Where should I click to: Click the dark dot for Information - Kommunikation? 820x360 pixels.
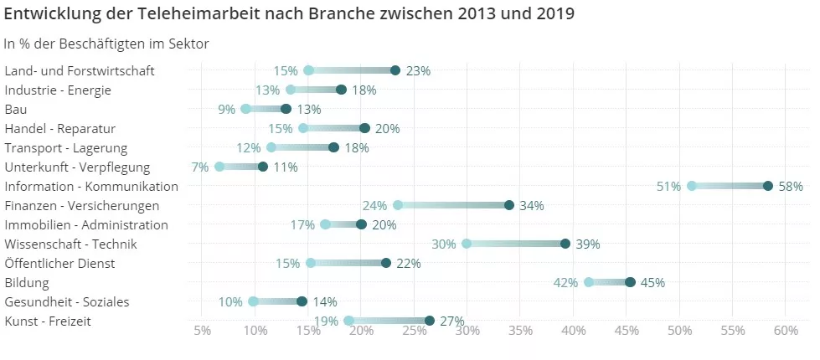coord(768,186)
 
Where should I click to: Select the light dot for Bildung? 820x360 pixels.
coord(589,282)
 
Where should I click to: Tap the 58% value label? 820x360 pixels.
coord(791,187)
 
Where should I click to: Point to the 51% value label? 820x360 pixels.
coord(668,187)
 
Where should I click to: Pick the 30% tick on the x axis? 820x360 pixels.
coord(467,331)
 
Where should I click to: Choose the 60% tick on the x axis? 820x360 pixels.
coord(786,331)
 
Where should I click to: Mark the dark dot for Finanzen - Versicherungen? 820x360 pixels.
coord(509,205)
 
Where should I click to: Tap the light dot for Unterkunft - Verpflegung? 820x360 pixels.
coord(219,167)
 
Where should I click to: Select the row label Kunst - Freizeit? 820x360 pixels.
coord(48,321)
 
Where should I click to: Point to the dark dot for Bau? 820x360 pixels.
coord(286,109)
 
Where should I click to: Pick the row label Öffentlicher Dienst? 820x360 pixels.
coord(59,264)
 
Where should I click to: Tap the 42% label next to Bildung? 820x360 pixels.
coord(566,283)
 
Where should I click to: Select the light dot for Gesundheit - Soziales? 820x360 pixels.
coord(253,301)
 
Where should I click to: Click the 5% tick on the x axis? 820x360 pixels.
coord(202,331)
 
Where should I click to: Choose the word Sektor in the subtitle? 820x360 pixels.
coord(188,44)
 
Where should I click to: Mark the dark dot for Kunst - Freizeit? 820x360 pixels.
coord(430,321)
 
